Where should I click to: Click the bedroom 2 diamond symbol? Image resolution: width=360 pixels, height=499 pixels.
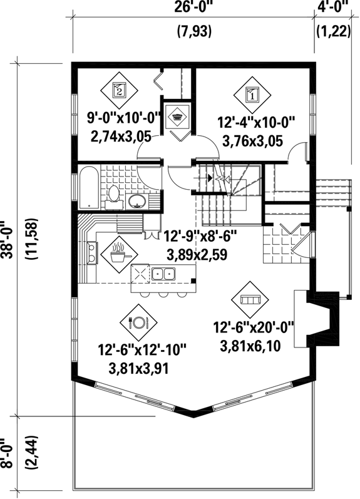[x=120, y=88]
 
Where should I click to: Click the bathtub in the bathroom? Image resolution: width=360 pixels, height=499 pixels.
[x=88, y=187]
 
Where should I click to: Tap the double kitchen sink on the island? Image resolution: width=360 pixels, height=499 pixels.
[x=164, y=274]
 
